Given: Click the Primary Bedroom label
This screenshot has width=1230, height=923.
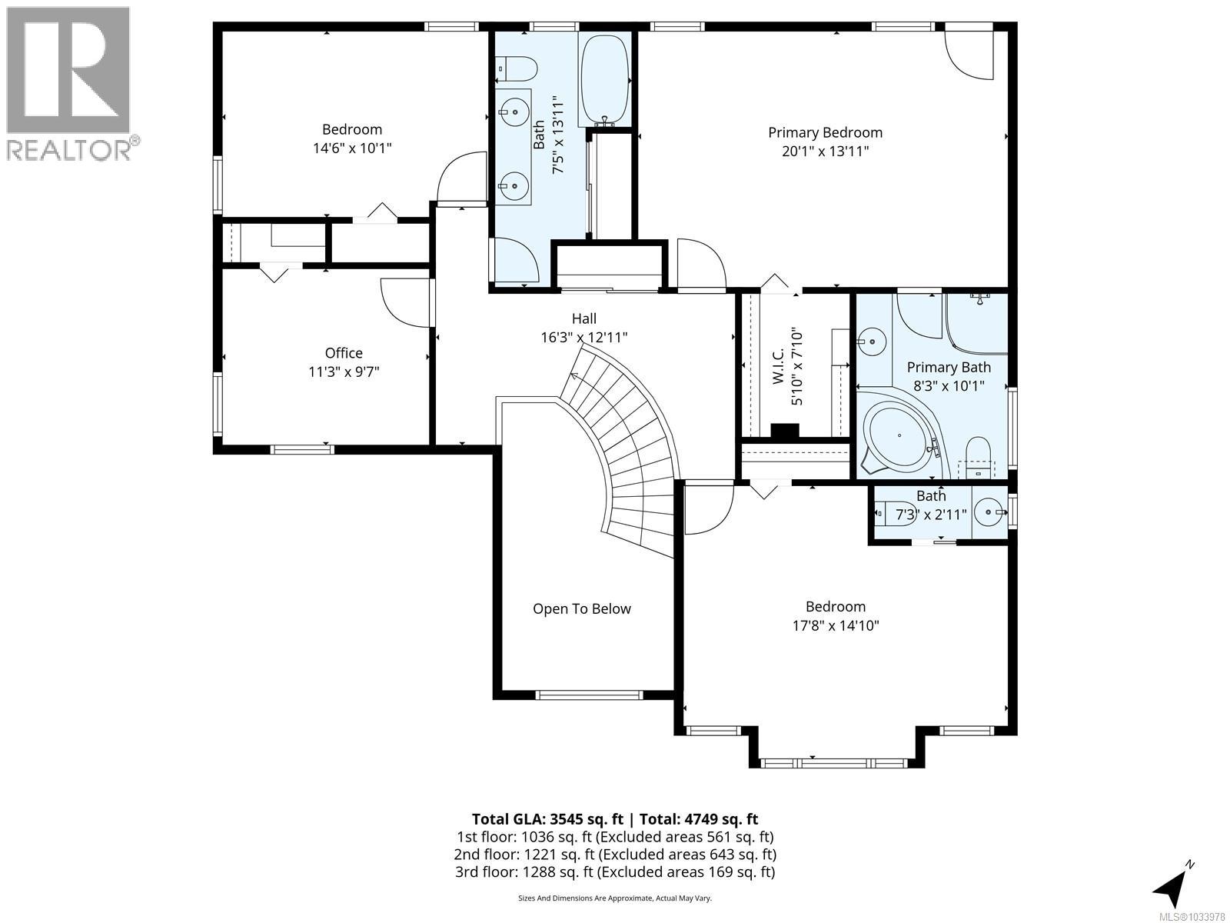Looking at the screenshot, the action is pos(825,133).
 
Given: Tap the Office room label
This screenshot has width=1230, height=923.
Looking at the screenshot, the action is pos(344,353).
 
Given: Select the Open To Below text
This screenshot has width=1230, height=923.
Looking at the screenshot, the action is pos(582,608).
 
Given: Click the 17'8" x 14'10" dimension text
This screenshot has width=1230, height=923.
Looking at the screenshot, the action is pos(836,625).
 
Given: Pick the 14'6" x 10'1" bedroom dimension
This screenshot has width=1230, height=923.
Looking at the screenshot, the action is pos(352,148).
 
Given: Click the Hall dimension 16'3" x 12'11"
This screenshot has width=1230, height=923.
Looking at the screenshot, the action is pos(584,338).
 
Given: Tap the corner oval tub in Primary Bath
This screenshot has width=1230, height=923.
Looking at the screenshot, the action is pos(899,435).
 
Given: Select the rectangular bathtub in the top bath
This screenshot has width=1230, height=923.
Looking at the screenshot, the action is pos(605,79).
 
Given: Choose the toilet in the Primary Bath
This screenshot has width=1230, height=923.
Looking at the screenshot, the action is pos(979,457).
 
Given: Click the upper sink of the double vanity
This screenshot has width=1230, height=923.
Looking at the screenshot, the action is pos(514,112).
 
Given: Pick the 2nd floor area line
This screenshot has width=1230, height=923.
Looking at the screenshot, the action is pos(615,855).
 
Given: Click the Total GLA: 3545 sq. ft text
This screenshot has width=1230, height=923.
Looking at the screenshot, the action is pos(547,819).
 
